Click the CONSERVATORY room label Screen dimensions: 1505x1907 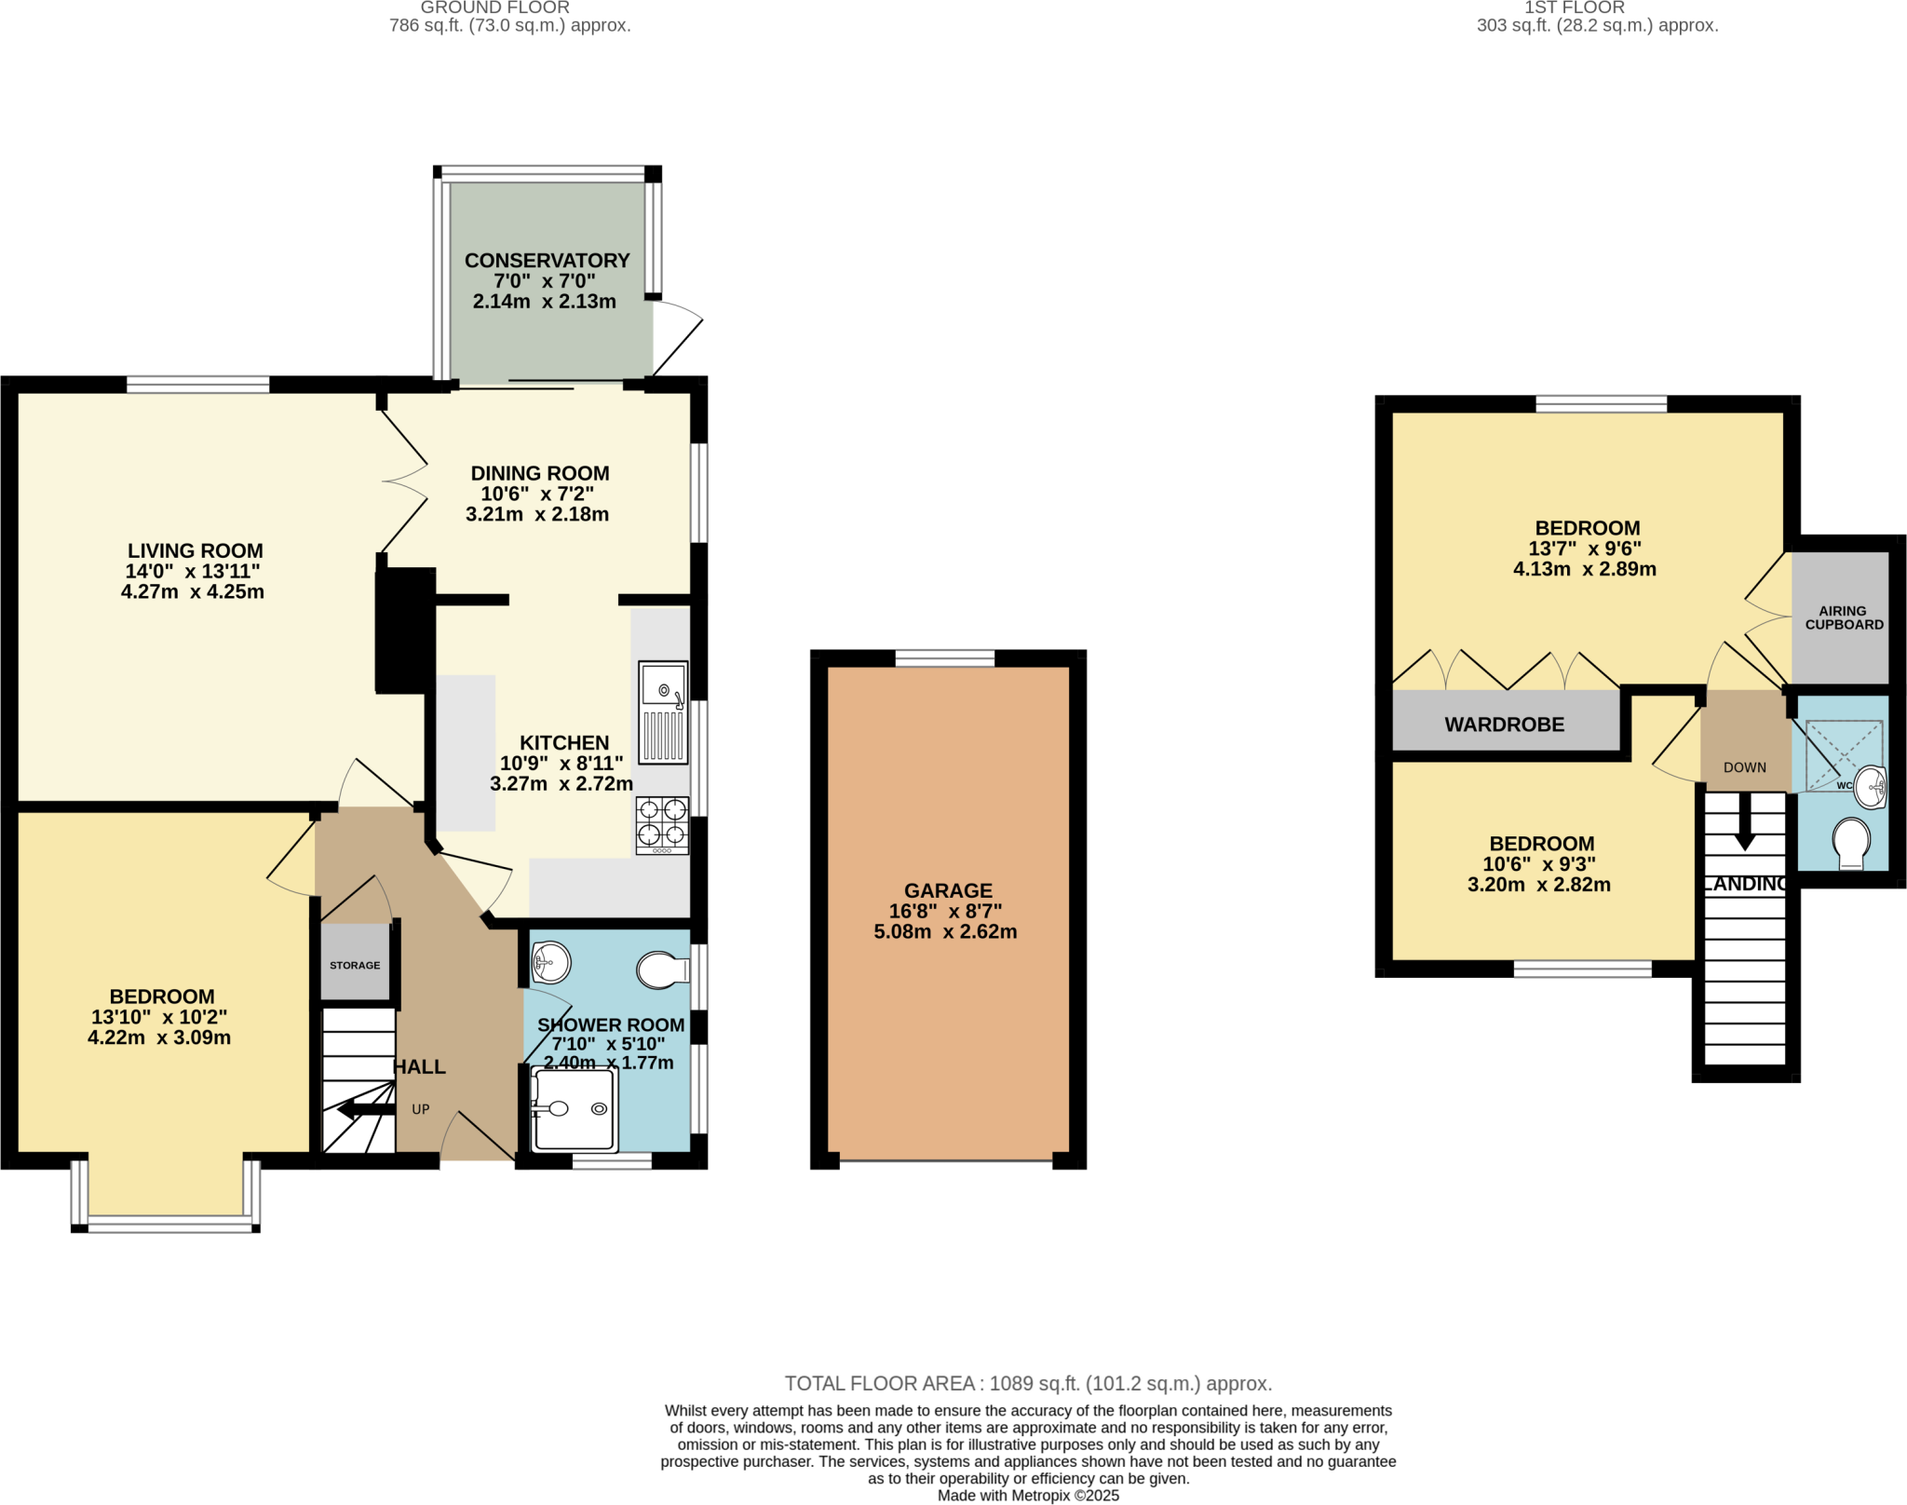pyautogui.click(x=547, y=261)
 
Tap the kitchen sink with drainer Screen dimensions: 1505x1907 pyautogui.click(x=663, y=712)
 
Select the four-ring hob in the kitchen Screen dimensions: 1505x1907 pyautogui.click(x=662, y=825)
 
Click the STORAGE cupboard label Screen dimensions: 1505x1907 pyautogui.click(x=355, y=966)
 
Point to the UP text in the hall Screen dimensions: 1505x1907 pyautogui.click(x=421, y=1109)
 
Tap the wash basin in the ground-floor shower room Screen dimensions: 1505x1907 pyautogui.click(x=550, y=962)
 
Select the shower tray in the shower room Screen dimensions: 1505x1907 pyautogui.click(x=574, y=1109)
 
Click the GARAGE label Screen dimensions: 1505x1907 pyautogui.click(x=948, y=891)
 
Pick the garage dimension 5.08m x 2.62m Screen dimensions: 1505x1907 pyautogui.click(x=945, y=931)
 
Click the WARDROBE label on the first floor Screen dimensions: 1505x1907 pyautogui.click(x=1504, y=725)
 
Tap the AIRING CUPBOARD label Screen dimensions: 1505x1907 pyautogui.click(x=1844, y=618)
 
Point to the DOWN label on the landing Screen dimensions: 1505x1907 pyautogui.click(x=1744, y=767)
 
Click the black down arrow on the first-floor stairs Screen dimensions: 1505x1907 pyautogui.click(x=1744, y=824)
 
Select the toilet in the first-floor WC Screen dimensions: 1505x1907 pyautogui.click(x=1850, y=842)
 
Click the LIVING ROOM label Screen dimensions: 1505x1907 pyautogui.click(x=195, y=551)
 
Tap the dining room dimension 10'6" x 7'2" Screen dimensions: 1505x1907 pyautogui.click(x=536, y=495)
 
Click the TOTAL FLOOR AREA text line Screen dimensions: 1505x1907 pyautogui.click(x=1028, y=1384)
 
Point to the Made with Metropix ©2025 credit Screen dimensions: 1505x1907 pyautogui.click(x=1028, y=1496)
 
